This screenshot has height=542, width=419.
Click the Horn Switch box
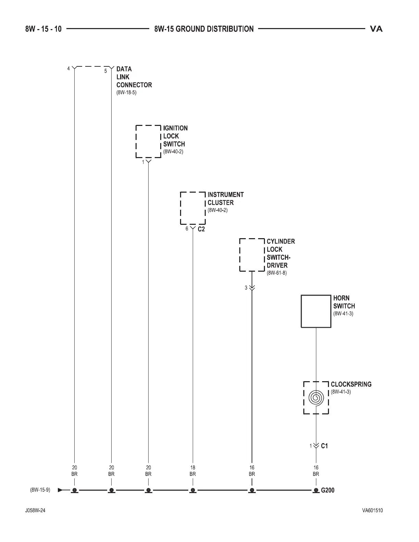pyautogui.click(x=316, y=311)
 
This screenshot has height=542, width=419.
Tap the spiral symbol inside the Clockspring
pyautogui.click(x=316, y=398)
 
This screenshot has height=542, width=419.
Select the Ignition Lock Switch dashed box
pyautogui.click(x=148, y=141)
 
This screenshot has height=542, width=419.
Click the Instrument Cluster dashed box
pyautogui.click(x=193, y=208)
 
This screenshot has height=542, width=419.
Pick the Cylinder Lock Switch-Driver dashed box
pyautogui.click(x=252, y=255)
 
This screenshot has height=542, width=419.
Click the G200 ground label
pyautogui.click(x=328, y=490)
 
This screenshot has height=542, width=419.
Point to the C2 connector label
pyautogui.click(x=201, y=229)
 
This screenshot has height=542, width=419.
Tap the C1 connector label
pyautogui.click(x=324, y=446)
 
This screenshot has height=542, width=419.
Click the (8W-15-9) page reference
pyautogui.click(x=40, y=490)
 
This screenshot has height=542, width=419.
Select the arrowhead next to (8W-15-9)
pyautogui.click(x=61, y=490)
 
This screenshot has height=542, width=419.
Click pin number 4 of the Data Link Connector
pyautogui.click(x=68, y=69)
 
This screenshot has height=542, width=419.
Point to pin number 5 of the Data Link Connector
pyautogui.click(x=105, y=71)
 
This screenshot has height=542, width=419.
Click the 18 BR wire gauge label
pyautogui.click(x=193, y=471)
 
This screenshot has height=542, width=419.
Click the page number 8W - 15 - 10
pyautogui.click(x=43, y=29)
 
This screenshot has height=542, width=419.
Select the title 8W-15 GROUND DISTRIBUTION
pyautogui.click(x=204, y=29)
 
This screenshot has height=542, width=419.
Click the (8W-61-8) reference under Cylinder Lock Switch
pyautogui.click(x=277, y=273)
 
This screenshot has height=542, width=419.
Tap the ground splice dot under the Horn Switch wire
pyautogui.click(x=316, y=490)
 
